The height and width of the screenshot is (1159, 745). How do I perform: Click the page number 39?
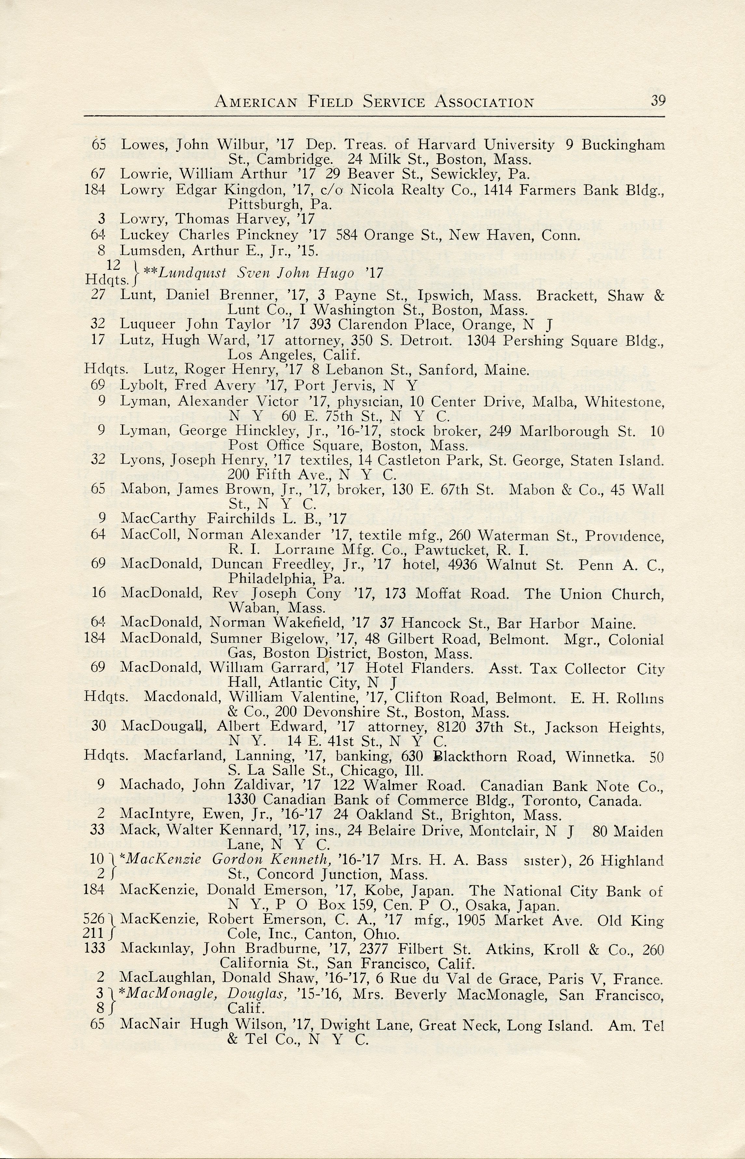point(658,100)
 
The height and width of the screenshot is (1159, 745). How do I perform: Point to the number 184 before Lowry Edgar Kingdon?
point(95,189)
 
